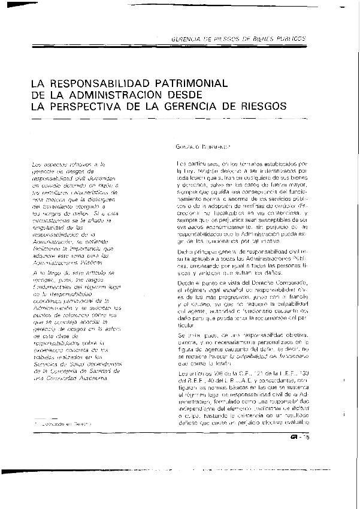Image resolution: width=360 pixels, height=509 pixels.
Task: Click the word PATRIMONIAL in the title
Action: click(181, 83)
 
